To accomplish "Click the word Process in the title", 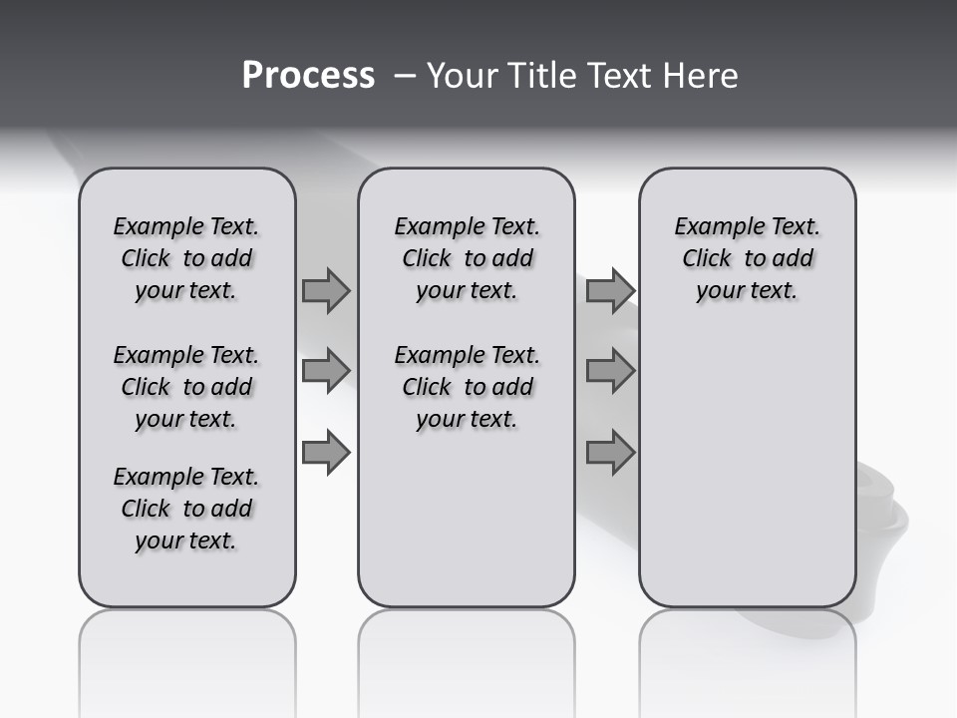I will point(308,76).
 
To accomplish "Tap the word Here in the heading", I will point(702,76).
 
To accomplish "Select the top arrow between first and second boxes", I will point(326,290).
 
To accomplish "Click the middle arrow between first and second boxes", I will point(326,371).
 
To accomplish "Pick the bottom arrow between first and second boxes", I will point(326,453).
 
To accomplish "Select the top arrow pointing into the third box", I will point(610,290).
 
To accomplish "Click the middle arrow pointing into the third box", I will point(610,371).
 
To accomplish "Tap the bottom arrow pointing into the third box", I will point(610,453).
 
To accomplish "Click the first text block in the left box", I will point(186,258).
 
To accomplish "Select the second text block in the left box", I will point(186,387).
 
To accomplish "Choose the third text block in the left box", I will point(186,509).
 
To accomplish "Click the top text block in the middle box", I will point(467,258).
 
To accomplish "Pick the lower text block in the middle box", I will point(467,387).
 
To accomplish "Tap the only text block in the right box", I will point(747,258).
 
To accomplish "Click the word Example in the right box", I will point(711,226).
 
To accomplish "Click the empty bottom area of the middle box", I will point(467,529).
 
